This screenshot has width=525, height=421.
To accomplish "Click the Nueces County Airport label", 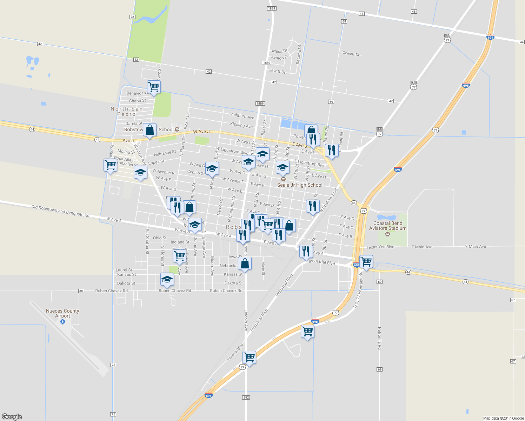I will point(62,313).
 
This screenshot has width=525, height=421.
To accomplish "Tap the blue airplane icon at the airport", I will point(63,321).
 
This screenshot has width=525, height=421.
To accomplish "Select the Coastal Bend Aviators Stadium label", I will point(388,226).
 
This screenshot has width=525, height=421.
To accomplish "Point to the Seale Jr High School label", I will point(300,185).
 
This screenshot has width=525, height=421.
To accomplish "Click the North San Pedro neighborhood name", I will point(127,111).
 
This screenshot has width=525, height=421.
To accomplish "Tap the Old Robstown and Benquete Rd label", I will point(60,211).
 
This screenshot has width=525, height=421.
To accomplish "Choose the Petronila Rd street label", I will point(379,338).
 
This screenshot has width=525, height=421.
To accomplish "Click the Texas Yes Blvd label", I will point(380,247).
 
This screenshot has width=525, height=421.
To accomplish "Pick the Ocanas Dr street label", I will point(351,54).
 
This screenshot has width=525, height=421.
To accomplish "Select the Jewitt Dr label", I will point(277,71).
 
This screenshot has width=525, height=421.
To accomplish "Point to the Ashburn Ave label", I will point(242,116).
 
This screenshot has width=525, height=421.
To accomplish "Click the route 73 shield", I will point(132,17).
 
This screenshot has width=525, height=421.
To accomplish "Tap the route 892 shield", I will point(246,397).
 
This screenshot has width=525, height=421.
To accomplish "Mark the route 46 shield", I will point(414,12).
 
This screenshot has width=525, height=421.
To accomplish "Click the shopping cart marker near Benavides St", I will point(154,87).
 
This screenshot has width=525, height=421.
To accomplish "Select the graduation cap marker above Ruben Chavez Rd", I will point(167,279).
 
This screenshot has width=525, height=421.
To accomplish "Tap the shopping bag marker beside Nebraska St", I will point(245,263).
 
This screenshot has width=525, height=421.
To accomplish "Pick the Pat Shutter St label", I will point(147,241).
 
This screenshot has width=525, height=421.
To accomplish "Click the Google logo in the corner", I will point(12,416).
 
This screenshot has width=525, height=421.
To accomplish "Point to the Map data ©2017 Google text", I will point(503,418).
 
